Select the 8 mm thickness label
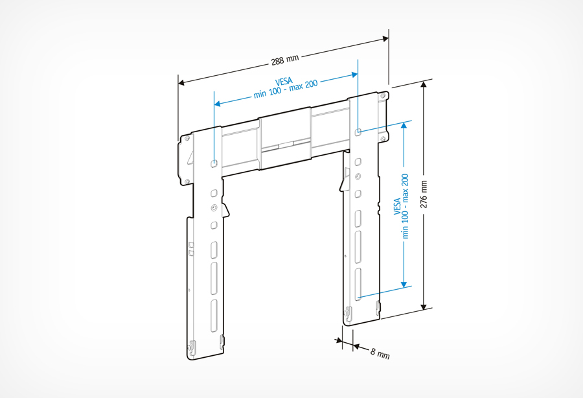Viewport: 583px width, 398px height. pos(380,353)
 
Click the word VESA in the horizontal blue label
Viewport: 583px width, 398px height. pos(283,82)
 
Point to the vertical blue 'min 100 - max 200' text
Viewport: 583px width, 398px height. pos(406,205)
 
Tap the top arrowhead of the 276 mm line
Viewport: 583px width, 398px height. pos(425,85)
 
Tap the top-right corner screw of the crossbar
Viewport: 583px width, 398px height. pos(383,96)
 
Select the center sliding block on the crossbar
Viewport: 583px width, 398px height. pos(284,142)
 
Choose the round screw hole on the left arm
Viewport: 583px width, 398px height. pos(214,208)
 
